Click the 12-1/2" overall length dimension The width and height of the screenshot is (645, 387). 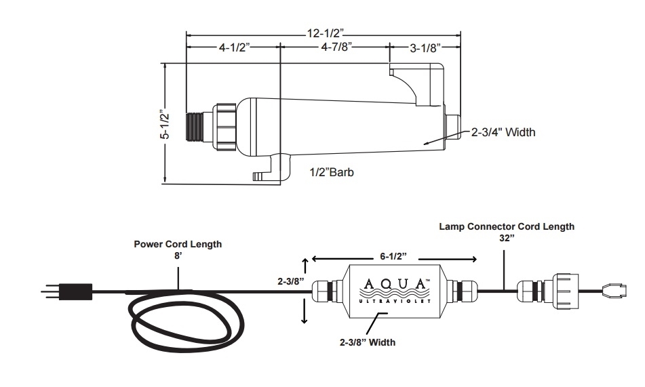point(325,33)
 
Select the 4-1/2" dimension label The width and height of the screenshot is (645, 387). point(235,47)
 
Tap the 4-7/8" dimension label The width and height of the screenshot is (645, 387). point(336,47)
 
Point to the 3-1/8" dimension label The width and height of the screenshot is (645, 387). point(425,48)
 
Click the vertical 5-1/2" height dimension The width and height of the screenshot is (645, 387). point(165,124)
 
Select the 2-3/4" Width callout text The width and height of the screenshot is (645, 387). point(503,132)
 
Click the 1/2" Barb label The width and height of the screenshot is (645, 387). point(332,172)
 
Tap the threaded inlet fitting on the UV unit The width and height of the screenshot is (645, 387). point(195,127)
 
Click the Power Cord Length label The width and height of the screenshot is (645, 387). point(178,244)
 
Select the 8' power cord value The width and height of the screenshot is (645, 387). point(178,256)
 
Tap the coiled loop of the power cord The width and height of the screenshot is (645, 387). point(187,321)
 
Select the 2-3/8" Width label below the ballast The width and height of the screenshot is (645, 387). point(368,342)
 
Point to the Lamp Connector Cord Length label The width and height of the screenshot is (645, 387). point(507,226)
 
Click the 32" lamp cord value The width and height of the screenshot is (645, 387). point(507,238)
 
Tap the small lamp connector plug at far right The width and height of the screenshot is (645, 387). point(614,290)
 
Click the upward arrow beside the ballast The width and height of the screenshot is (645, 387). point(305,266)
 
